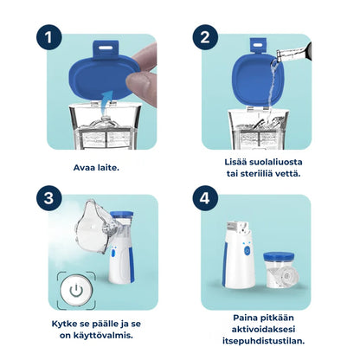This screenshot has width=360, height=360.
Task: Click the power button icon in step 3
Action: click(76, 291)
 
